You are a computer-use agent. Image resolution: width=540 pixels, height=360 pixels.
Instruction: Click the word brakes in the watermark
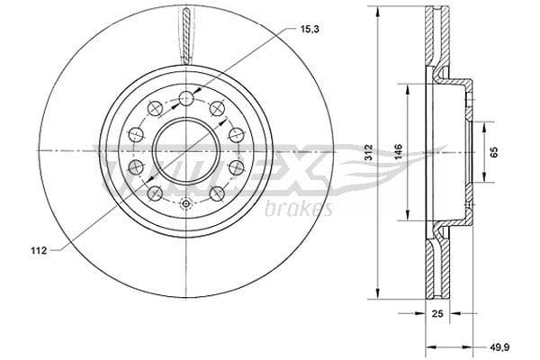tap(300, 209)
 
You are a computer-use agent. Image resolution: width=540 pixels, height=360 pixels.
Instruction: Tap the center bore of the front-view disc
tap(185, 149)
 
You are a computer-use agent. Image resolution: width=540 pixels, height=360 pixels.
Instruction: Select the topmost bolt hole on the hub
tap(185, 98)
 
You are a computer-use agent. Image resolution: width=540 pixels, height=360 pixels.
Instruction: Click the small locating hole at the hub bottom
tap(185, 203)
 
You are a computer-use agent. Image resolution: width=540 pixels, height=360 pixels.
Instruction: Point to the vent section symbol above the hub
tap(185, 36)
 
